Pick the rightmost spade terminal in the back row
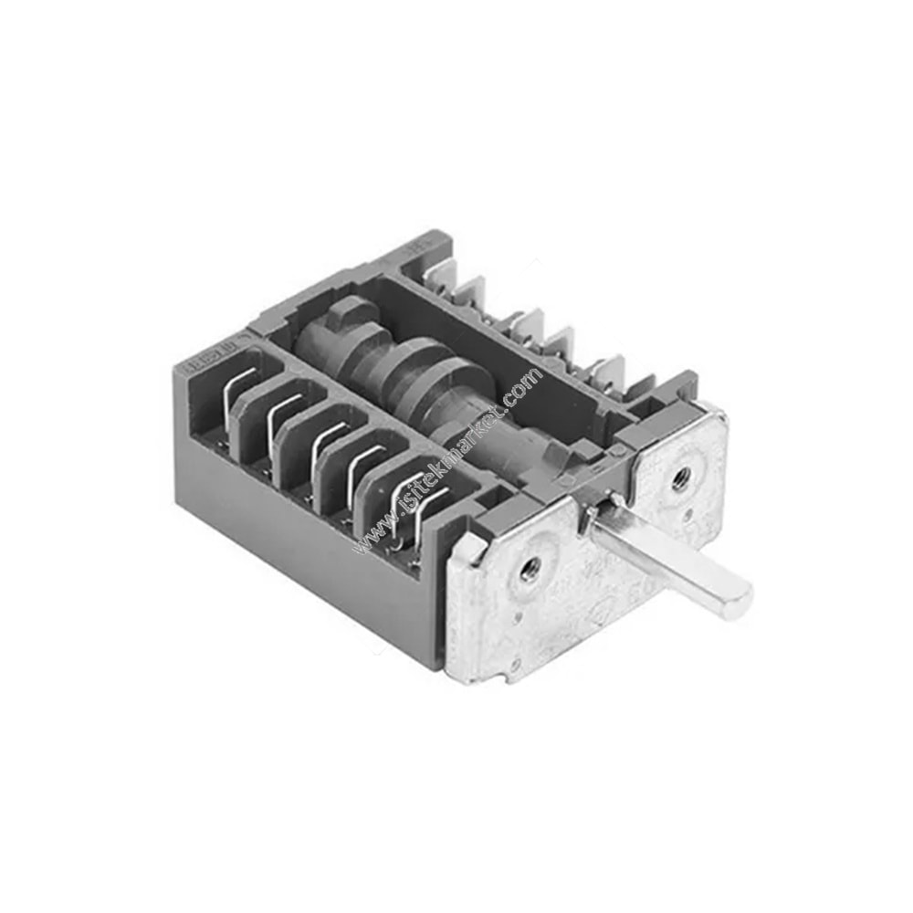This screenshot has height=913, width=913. tap(607, 371)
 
